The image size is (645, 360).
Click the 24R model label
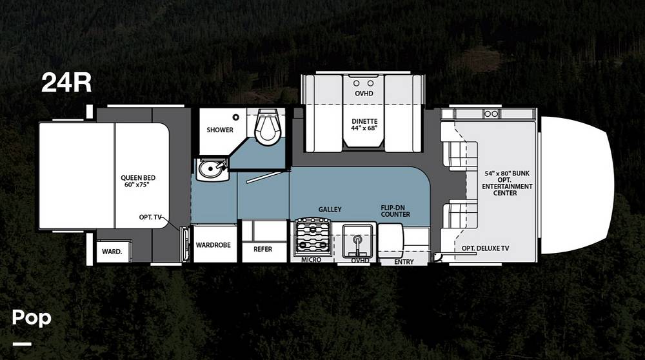66,83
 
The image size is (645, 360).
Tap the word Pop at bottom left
32,318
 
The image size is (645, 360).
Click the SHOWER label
220,130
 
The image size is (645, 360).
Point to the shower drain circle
235,117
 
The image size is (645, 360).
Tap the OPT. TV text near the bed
150,217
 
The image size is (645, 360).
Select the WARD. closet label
112,252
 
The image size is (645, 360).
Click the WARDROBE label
213,245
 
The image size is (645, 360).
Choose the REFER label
263,249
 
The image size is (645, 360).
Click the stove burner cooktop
313,238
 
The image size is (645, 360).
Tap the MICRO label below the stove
311,259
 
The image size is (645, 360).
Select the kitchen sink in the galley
358,240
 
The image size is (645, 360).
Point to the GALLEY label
330,210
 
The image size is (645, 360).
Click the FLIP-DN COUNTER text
395,211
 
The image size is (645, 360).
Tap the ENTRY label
404,262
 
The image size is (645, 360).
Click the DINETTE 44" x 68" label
364,125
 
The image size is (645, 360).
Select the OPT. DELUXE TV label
485,248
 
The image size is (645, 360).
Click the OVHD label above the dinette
364,94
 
